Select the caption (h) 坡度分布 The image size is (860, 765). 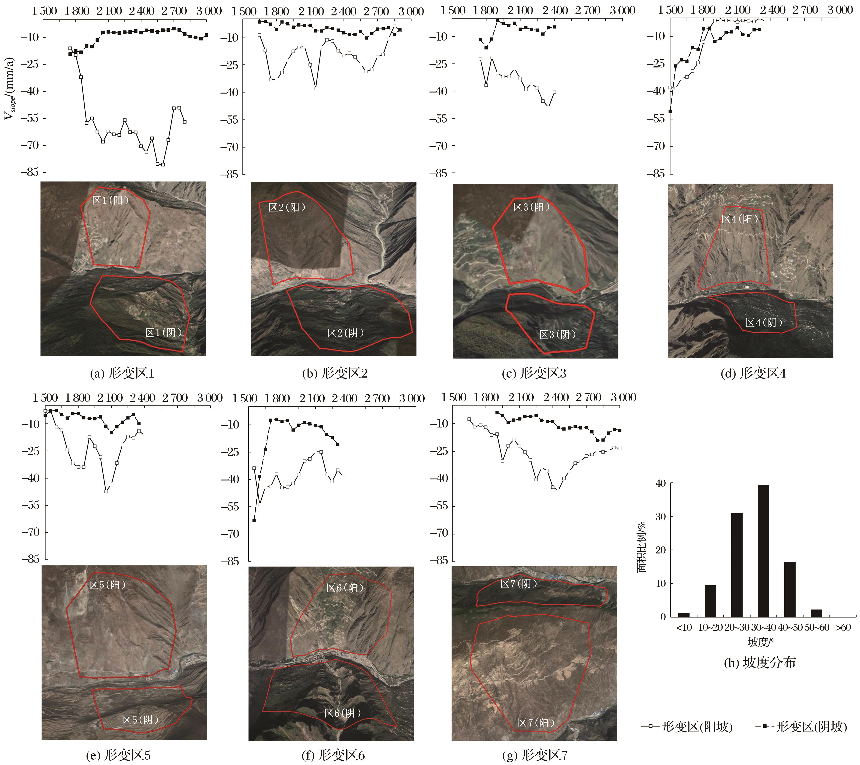pyautogui.click(x=760, y=663)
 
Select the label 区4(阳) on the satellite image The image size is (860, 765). pyautogui.click(x=740, y=219)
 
